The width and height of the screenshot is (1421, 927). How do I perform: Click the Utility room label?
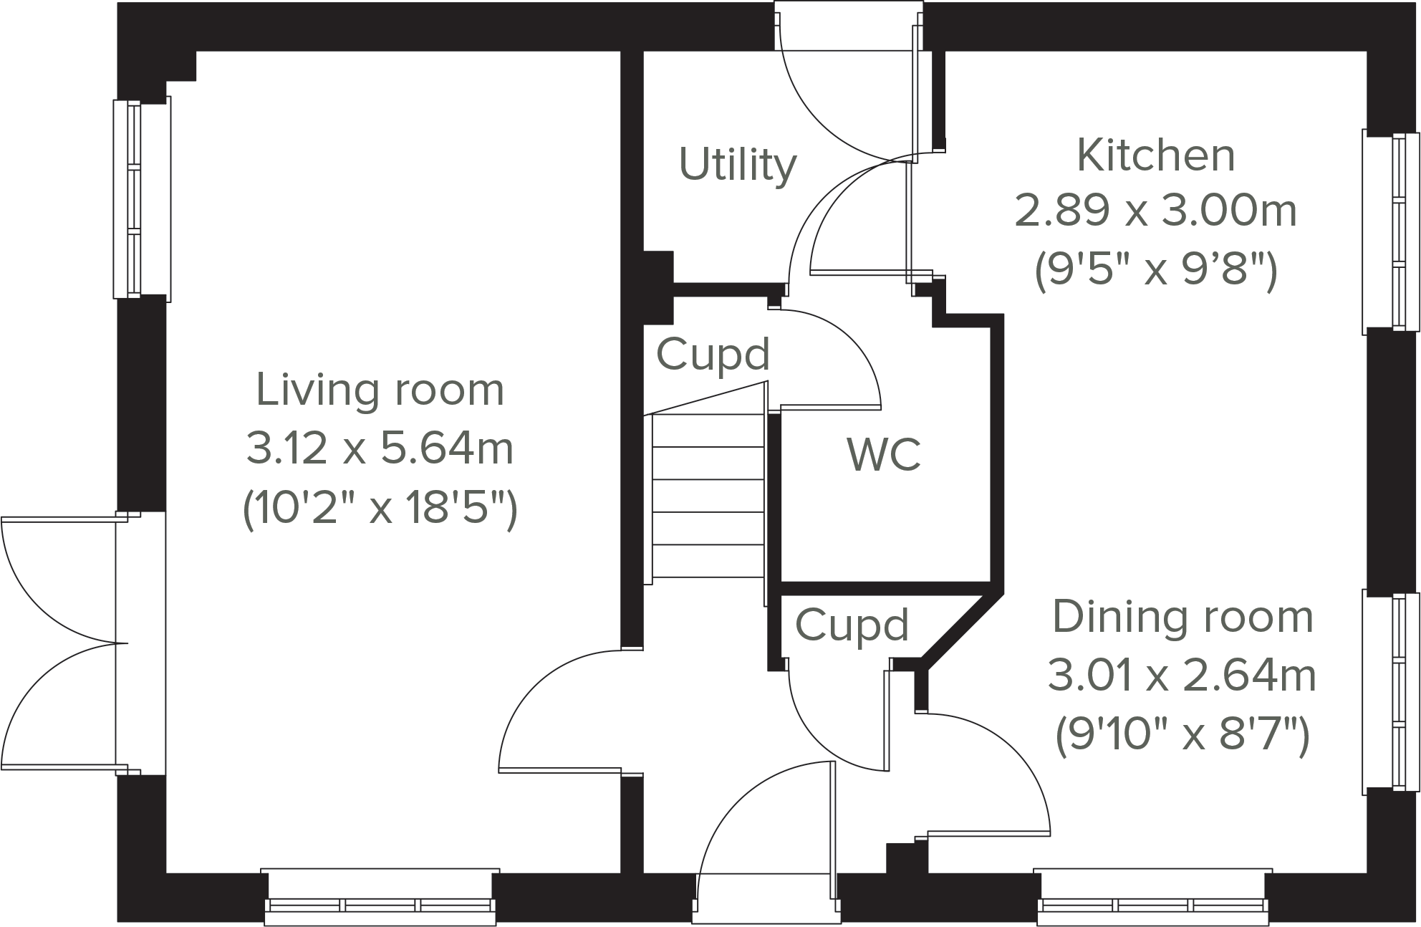coord(737,165)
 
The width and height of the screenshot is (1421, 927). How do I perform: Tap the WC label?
coord(884,454)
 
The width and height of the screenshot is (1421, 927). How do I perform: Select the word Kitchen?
coord(1156,155)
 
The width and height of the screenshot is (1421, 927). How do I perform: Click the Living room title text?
coord(380,390)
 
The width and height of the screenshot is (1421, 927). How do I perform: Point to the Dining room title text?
coord(1182,618)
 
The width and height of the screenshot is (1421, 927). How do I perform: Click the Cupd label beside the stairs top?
coord(713,354)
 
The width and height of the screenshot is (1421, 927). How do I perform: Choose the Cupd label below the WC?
coord(852,625)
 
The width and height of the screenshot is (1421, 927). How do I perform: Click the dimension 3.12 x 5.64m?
coord(380,449)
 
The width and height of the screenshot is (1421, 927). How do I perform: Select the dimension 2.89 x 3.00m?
coord(1156,212)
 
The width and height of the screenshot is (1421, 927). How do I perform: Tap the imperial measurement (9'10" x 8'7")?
coord(1182,735)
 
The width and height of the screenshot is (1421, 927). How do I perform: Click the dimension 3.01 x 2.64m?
coord(1182,676)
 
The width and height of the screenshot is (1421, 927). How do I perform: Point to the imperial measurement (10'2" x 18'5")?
coord(380,509)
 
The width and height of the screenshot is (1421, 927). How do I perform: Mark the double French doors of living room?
coord(64,643)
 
